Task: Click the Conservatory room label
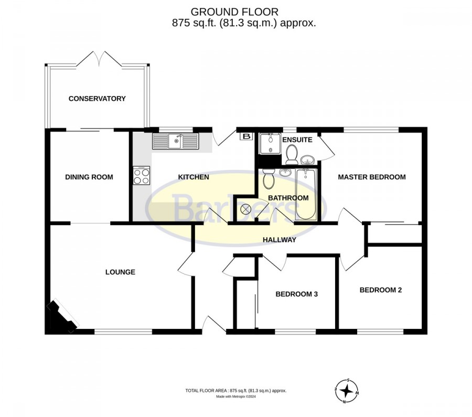click(97, 99)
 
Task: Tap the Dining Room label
click(89, 177)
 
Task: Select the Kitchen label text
click(194, 177)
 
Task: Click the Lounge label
click(120, 272)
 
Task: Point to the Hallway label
click(280, 240)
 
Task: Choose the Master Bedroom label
click(372, 177)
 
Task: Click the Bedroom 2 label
click(381, 290)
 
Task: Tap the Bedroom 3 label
click(296, 294)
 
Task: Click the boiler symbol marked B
click(246, 136)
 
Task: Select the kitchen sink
click(176, 141)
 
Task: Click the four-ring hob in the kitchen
click(142, 176)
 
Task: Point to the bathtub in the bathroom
click(306, 194)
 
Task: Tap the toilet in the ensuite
click(292, 154)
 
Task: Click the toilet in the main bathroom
click(268, 178)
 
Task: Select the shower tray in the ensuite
click(270, 143)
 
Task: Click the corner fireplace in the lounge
click(62, 316)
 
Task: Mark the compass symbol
click(347, 391)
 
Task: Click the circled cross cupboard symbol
click(245, 208)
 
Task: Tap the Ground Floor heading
click(234, 12)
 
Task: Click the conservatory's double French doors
click(99, 59)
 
